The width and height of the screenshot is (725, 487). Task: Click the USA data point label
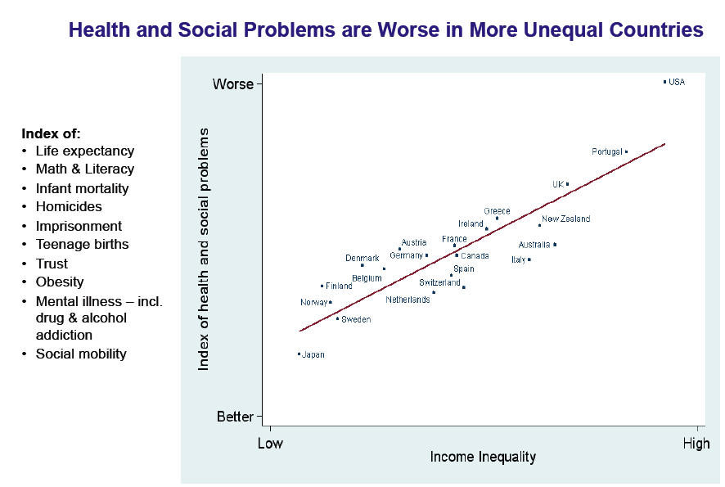[677, 82]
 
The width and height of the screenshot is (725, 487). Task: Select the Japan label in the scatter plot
[313, 355]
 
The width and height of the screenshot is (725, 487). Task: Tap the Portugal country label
[607, 152]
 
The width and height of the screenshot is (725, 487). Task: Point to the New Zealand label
[565, 219]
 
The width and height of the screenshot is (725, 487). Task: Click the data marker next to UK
[567, 184]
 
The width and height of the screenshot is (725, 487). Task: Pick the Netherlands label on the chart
[408, 300]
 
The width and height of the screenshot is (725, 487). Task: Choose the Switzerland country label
[439, 283]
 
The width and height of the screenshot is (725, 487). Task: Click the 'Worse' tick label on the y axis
[233, 84]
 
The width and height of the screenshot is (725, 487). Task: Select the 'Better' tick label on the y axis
[235, 417]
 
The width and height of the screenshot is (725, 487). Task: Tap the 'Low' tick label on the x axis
[270, 444]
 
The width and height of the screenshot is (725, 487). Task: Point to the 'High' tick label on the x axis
[696, 444]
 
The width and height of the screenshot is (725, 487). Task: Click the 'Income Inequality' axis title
[483, 457]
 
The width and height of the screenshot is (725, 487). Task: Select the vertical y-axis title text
[205, 249]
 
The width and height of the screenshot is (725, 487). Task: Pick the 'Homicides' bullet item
[69, 207]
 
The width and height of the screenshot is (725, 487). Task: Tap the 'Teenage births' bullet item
[82, 245]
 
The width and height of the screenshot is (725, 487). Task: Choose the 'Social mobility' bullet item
[81, 354]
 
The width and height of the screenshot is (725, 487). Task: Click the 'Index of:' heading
[51, 133]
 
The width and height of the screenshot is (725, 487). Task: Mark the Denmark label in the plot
[362, 259]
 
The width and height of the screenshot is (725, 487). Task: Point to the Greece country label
[497, 211]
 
